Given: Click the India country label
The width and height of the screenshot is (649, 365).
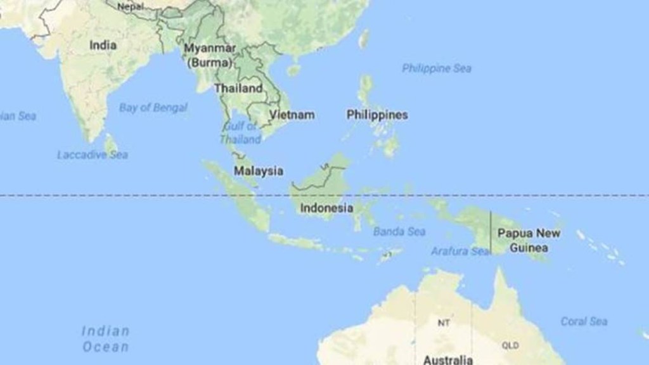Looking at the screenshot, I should [103, 45].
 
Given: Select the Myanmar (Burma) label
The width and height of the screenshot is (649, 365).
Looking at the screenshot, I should [210, 55].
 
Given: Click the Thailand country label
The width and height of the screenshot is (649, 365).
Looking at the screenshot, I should [238, 89].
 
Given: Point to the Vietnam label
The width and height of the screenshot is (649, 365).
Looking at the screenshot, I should [292, 115].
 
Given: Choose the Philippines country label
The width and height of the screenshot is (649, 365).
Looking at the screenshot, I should [377, 115].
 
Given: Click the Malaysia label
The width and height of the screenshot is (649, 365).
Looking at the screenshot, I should [259, 170].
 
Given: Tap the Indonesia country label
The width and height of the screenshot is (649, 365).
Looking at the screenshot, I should [326, 208].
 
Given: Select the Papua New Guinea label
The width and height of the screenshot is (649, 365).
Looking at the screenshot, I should [529, 240].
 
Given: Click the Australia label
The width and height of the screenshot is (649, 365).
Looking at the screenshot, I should [448, 360].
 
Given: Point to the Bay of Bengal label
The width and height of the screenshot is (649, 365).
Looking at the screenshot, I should [153, 107].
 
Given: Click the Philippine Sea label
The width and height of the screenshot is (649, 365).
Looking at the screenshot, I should [437, 68].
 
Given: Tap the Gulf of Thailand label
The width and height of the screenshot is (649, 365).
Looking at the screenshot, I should [241, 133].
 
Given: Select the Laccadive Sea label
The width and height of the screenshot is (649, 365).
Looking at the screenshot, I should [93, 155].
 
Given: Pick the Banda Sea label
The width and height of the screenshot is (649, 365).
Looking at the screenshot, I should [399, 231].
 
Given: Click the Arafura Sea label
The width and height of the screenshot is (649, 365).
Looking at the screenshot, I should [461, 251].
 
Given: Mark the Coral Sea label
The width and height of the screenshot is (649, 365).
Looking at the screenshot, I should [584, 321].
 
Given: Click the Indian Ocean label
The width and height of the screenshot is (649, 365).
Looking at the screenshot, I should [105, 339].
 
